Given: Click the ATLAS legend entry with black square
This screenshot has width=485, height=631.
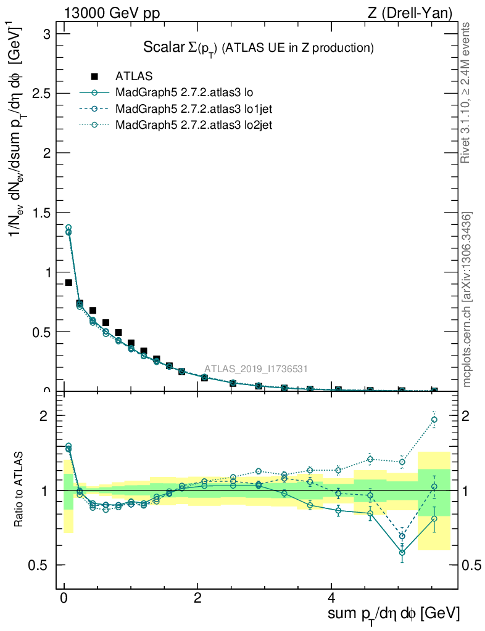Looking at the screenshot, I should (133, 76).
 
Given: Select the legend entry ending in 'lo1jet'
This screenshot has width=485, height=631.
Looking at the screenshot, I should (194, 109).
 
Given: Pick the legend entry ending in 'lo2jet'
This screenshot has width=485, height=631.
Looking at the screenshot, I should (194, 125).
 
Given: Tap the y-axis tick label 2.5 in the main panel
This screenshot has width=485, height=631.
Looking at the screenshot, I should (43, 93).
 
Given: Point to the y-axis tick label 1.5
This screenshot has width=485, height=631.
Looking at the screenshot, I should (43, 213).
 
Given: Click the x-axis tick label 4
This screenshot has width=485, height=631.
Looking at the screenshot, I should (331, 598).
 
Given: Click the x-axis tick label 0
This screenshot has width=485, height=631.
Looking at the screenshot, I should (64, 598).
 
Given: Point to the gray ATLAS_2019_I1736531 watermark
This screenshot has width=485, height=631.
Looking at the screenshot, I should (256, 369).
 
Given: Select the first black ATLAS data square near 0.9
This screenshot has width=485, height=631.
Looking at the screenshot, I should (68, 282).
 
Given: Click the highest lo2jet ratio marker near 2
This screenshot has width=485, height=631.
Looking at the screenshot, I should (434, 420).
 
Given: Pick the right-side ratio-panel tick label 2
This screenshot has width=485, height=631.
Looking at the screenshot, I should (468, 416).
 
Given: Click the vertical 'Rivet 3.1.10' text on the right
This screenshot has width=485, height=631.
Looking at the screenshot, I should (466, 92).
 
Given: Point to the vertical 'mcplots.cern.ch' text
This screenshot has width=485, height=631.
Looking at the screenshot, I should (466, 300).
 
